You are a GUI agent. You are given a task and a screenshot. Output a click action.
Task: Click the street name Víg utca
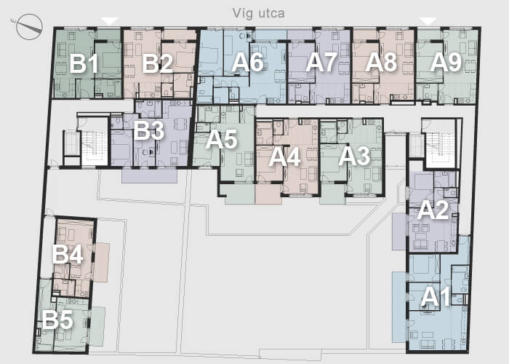tap(258, 13)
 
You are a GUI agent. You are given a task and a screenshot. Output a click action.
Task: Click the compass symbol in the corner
tap(29, 27)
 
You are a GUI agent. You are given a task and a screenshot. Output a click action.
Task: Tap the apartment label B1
tap(84, 64)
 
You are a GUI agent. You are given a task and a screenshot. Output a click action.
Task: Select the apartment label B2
tap(158, 64)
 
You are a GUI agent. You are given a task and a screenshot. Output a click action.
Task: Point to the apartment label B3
tap(148, 130)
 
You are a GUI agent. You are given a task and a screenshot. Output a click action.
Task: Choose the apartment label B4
tap(68, 254)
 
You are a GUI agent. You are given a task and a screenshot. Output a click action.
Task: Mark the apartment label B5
tap(57, 320)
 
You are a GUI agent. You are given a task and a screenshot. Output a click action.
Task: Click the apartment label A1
tap(436, 297)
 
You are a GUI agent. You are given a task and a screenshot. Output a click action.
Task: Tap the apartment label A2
tap(433, 210)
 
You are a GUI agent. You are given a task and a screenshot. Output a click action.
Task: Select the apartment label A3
tap(354, 157)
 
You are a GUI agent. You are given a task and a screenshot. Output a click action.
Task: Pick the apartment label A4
tap(284, 158)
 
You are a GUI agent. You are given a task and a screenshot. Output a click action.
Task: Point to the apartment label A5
tap(221, 140)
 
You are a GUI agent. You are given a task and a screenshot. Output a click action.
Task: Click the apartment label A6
tap(247, 63)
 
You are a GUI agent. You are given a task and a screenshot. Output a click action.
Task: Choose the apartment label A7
tap(321, 63)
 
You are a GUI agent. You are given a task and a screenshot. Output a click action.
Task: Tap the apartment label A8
tap(381, 63)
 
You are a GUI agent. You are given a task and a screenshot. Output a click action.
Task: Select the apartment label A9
tap(446, 63)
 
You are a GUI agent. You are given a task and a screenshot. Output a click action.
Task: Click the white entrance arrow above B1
tap(110, 21)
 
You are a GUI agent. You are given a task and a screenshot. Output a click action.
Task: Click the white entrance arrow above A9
tap(428, 21)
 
